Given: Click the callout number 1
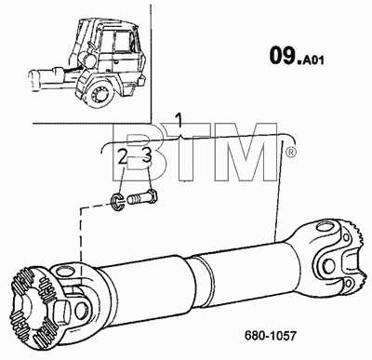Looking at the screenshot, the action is coord(179,121).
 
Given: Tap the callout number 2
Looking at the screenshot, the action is coord(123,157).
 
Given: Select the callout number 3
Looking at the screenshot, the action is coord(147,155).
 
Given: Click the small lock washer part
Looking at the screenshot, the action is coord(117,203).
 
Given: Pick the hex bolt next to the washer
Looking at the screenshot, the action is coord(142,197).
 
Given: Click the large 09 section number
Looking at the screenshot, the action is coord(282,56).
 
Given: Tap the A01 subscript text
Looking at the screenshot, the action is coord(313,60).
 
